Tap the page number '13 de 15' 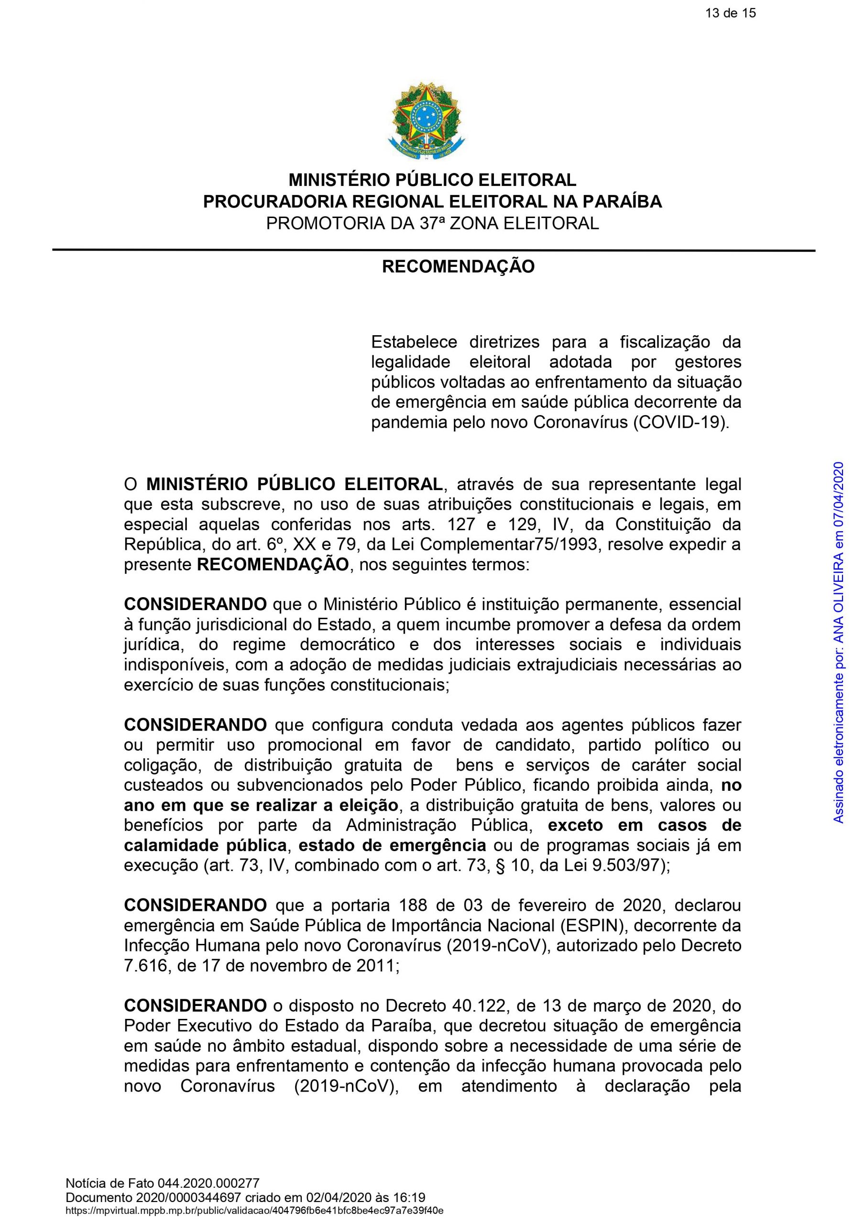click(730, 13)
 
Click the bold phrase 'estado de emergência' click(392, 845)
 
